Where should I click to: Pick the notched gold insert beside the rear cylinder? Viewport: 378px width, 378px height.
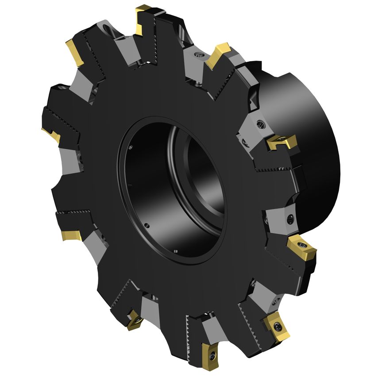pyautogui.click(x=282, y=142)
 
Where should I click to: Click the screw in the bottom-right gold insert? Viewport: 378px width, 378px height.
pyautogui.click(x=278, y=327)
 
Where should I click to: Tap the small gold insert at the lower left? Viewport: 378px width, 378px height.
pyautogui.click(x=134, y=319)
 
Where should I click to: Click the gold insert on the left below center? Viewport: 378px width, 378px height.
pyautogui.click(x=71, y=234)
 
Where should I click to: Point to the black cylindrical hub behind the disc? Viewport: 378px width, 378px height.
pyautogui.click(x=310, y=146)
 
